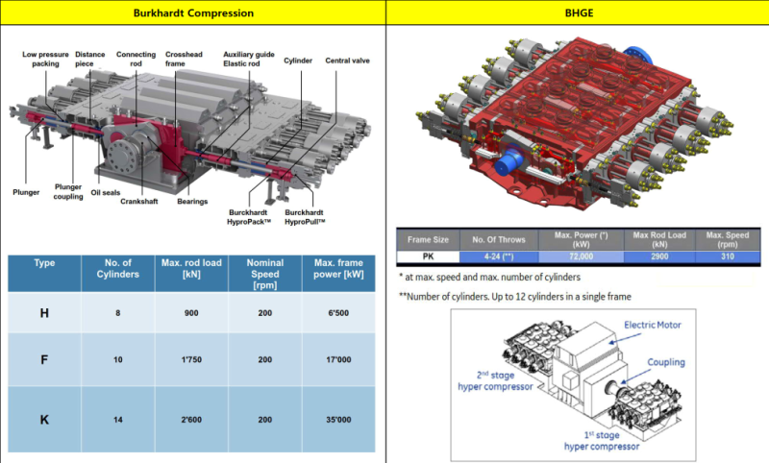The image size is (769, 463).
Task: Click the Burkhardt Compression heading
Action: click(x=193, y=13)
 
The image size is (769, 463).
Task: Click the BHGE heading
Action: click(x=577, y=13)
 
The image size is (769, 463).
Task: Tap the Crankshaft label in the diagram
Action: click(x=140, y=202)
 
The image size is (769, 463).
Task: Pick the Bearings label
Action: click(x=192, y=202)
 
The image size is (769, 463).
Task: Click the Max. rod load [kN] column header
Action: click(x=186, y=268)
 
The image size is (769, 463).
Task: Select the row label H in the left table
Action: click(x=43, y=312)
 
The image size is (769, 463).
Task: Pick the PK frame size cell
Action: click(x=427, y=256)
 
